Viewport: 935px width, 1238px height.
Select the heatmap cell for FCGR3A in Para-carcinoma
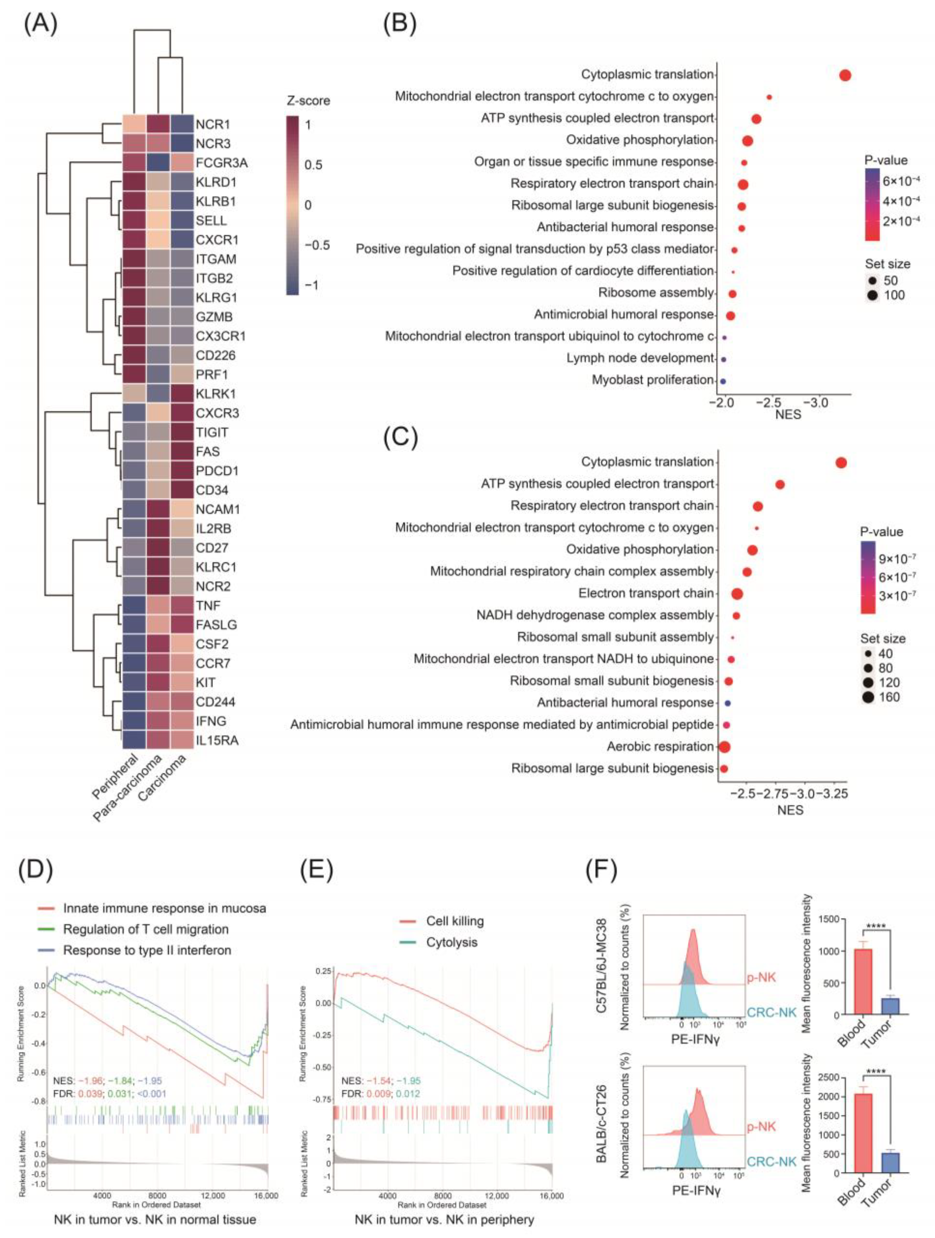(x=158, y=163)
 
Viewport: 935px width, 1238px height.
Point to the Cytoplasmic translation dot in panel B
(x=845, y=75)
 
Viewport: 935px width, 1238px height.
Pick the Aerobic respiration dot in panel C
(x=724, y=746)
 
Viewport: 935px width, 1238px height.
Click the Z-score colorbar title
(x=308, y=101)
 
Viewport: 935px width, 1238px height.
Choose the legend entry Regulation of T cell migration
(x=146, y=929)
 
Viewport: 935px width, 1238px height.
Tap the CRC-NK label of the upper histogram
(x=771, y=1012)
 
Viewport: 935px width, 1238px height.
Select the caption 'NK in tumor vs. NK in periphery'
(x=444, y=1219)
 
